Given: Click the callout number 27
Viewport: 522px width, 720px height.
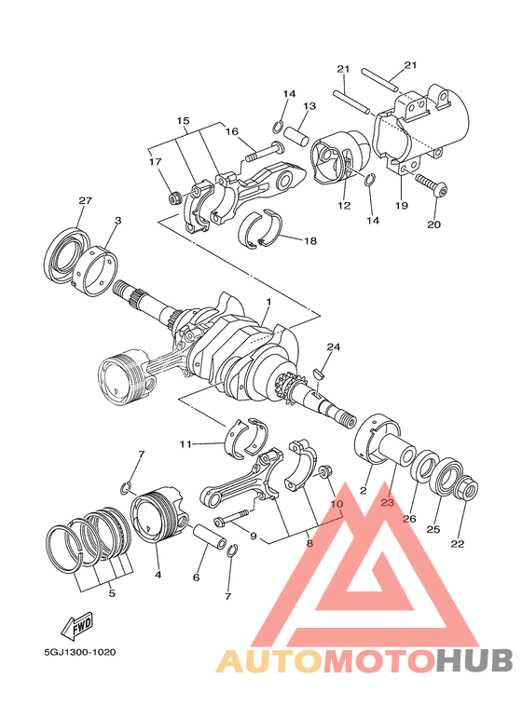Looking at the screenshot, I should [85, 202].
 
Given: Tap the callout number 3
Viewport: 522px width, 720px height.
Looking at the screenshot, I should [117, 221].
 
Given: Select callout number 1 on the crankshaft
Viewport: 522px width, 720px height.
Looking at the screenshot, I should [268, 303].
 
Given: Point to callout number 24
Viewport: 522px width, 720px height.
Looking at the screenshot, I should [333, 346].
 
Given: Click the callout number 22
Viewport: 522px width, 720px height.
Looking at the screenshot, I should [457, 544].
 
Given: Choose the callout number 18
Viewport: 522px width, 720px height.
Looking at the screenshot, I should [310, 240].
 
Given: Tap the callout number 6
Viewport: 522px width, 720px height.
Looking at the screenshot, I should [196, 577].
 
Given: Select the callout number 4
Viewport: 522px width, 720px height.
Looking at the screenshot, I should [158, 575].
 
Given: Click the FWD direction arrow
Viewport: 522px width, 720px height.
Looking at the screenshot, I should [81, 622].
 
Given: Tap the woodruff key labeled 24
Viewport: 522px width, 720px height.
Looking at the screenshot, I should [318, 374].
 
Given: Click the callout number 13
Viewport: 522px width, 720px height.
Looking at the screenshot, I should [309, 106].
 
